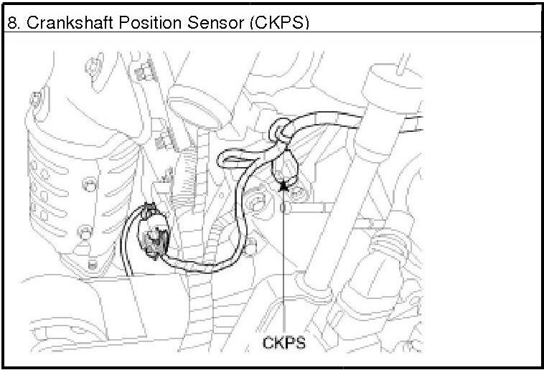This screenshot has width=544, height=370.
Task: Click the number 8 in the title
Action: point(11,22)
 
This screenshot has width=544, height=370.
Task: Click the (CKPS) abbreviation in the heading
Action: point(278,22)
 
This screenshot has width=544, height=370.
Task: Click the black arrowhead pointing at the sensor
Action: point(284,185)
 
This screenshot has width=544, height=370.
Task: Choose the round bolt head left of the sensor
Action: point(255,209)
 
